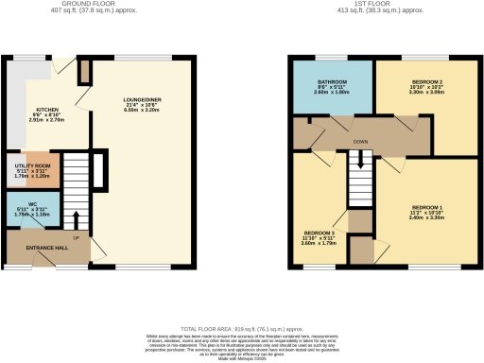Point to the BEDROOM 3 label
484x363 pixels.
tap(319, 232)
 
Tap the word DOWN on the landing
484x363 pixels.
tap(360, 143)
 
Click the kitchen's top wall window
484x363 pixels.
tap(24, 59)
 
